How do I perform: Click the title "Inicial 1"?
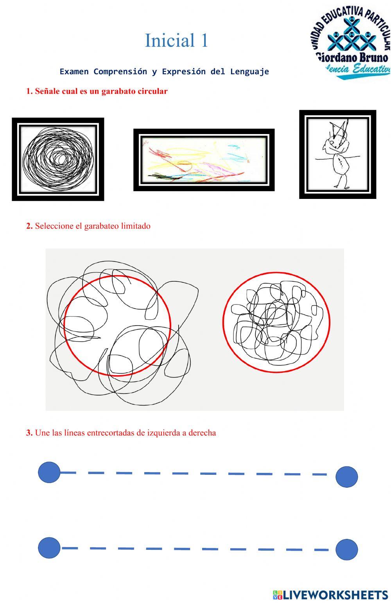(177, 41)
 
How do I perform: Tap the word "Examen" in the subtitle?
(74, 72)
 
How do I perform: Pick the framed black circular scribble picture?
(58, 159)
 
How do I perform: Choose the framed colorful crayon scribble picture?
(204, 160)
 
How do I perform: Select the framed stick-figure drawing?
(337, 154)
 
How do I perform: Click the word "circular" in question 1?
(152, 91)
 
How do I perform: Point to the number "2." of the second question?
(29, 226)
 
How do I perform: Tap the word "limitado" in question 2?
(136, 226)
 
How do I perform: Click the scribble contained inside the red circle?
(276, 322)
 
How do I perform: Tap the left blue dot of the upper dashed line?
(49, 472)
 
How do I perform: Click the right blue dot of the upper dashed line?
(347, 476)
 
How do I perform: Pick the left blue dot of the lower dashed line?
(49, 548)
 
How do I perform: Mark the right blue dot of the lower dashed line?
(347, 549)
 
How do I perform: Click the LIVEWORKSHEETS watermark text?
(335, 595)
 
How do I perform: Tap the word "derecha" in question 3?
(202, 433)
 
